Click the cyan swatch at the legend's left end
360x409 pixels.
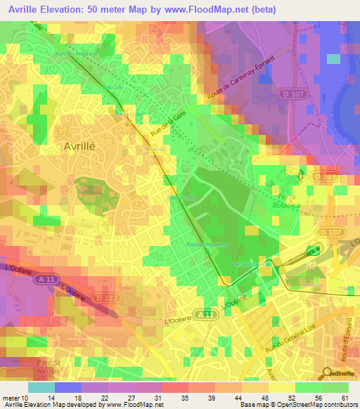tap(41, 387)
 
